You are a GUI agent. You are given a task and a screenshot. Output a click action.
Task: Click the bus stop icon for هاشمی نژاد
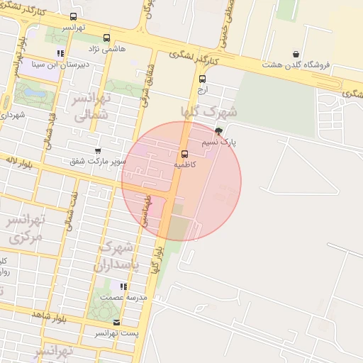click(106, 38)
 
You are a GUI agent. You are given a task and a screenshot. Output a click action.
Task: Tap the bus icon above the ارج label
click(202, 79)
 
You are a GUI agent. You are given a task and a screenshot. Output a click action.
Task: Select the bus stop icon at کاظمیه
click(185, 154)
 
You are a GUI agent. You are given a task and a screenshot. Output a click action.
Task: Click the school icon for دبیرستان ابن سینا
click(61, 53)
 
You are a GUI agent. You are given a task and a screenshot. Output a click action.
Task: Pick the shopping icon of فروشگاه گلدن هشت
click(296, 54)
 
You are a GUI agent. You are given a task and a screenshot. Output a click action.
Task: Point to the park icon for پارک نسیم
click(218, 131)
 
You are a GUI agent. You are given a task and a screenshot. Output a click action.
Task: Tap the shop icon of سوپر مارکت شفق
click(98, 151)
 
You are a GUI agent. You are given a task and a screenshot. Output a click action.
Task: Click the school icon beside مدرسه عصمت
click(123, 286)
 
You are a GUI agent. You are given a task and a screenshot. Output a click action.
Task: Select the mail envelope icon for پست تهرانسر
click(117, 322)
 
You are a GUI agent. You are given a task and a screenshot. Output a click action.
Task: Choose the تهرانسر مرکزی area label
click(26, 229)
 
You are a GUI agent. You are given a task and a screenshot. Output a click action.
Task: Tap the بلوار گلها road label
click(157, 259)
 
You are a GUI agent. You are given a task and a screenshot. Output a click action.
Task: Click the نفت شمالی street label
click(71, 213)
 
